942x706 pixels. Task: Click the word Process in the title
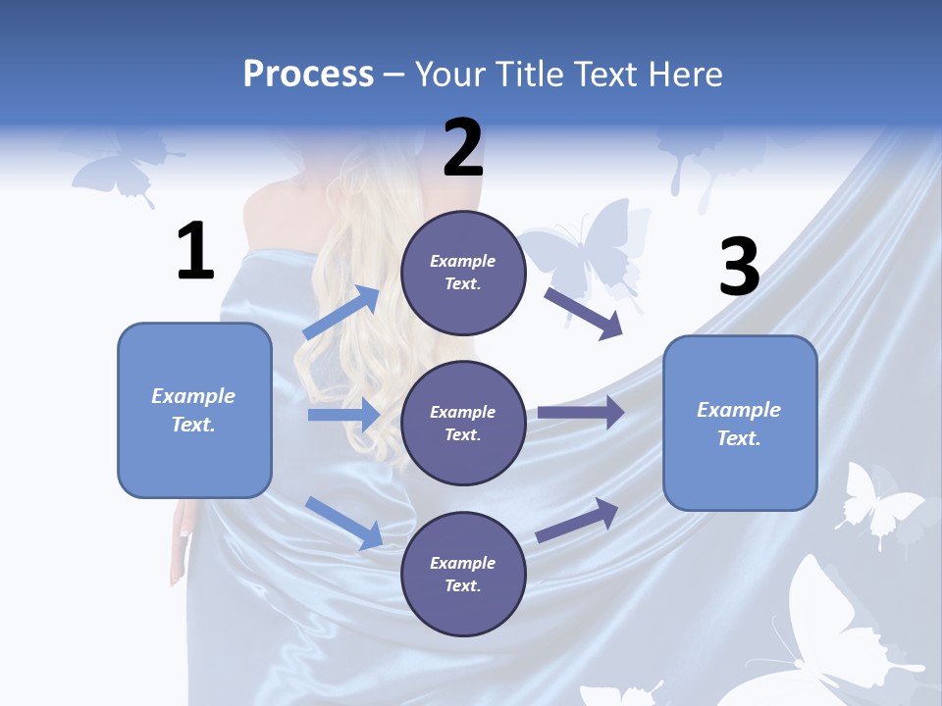pos(308,74)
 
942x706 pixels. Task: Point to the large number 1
pos(195,252)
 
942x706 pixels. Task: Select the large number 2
pos(463,148)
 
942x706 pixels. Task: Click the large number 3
pos(739,268)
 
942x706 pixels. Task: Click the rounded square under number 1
pos(194,410)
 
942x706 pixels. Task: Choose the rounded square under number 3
pos(740,423)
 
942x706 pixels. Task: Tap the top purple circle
pos(463,273)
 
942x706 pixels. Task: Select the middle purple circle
pos(463,423)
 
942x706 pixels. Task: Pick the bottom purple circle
pos(463,574)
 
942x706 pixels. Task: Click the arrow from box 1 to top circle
pos(340,313)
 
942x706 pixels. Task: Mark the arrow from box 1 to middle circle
pos(343,415)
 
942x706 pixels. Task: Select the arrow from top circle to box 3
pos(584,313)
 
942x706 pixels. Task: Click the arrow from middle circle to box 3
pos(580,413)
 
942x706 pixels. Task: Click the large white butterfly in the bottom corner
pos(834,628)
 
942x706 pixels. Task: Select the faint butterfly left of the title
pos(123,167)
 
